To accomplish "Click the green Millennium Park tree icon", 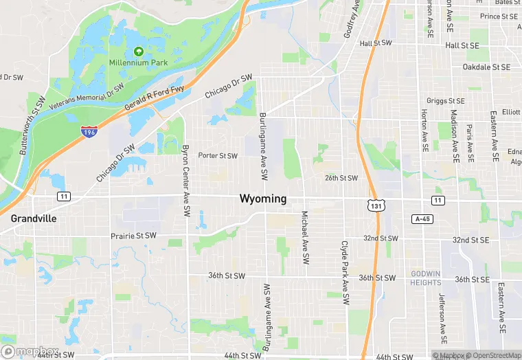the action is click(139, 51).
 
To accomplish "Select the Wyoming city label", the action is click(262, 199).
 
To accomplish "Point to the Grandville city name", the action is click(34, 218).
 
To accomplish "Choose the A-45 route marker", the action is click(422, 218).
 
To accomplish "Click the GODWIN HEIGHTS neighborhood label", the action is click(426, 278).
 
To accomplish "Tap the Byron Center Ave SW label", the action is click(185, 182).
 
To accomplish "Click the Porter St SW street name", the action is click(218, 156).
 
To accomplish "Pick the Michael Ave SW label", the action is click(304, 238).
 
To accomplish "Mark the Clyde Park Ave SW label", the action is click(345, 273).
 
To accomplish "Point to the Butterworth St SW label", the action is click(32, 124).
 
